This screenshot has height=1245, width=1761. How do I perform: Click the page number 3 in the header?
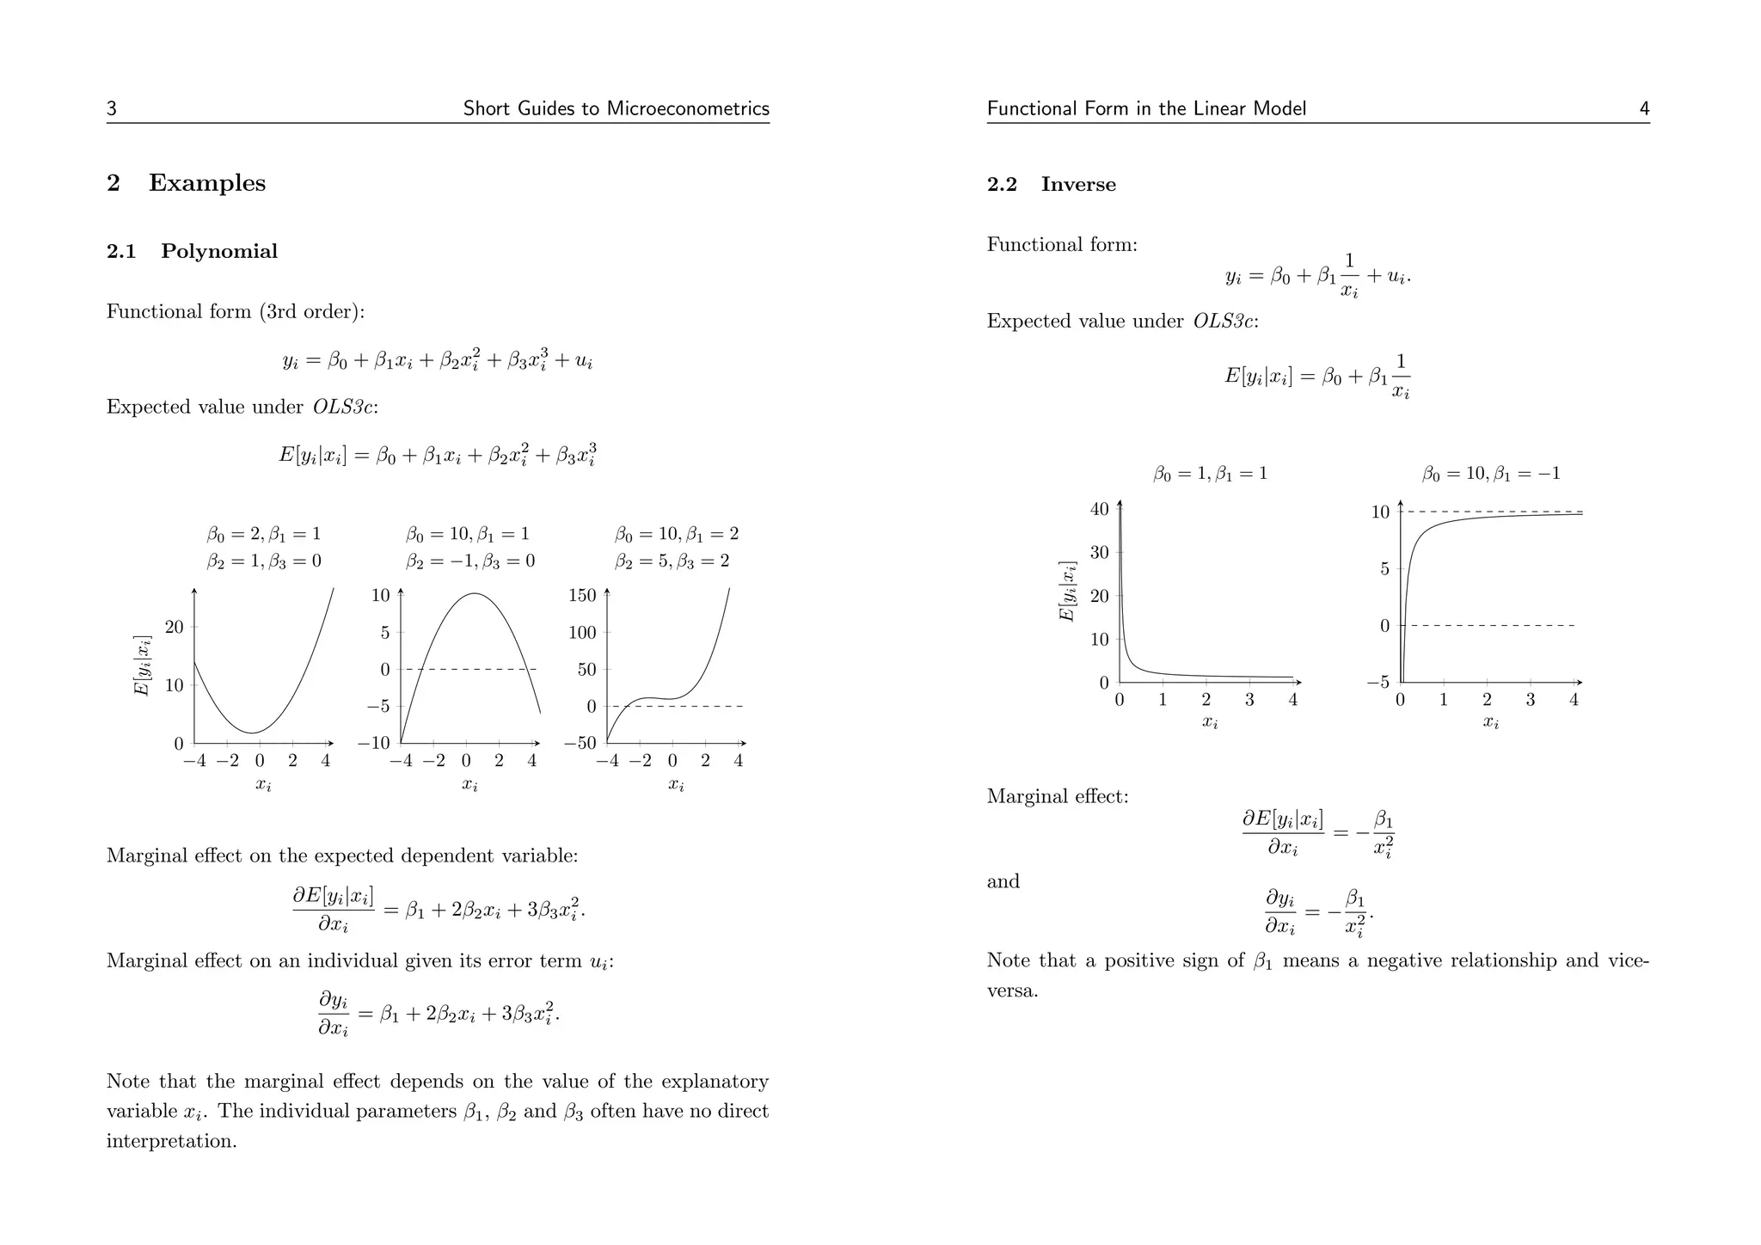coord(112,109)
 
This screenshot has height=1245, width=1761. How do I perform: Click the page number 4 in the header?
coord(1644,109)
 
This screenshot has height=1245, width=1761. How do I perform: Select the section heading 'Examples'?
coord(207,183)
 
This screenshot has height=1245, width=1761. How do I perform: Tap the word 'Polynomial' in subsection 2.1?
coord(219,252)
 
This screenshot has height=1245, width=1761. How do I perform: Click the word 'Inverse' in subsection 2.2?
coord(1078,185)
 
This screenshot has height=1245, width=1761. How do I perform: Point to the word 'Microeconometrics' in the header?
coord(688,109)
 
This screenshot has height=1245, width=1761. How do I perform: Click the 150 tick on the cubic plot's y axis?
coord(582,595)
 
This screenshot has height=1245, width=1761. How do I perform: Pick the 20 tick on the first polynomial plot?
coord(175,627)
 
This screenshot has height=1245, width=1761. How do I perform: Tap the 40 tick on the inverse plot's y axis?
coord(1099,509)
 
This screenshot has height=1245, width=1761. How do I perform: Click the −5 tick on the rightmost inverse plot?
coord(1378,683)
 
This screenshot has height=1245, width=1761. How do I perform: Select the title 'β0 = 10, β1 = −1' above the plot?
coord(1490,474)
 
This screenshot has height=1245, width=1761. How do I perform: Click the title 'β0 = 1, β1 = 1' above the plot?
coord(1210,474)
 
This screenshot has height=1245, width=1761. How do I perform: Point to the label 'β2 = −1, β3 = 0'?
coord(470,562)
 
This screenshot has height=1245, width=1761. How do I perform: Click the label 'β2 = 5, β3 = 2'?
coord(677,562)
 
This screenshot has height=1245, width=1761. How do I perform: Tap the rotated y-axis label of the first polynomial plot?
coord(143,665)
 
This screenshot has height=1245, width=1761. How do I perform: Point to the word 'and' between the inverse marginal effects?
coord(1003,881)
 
